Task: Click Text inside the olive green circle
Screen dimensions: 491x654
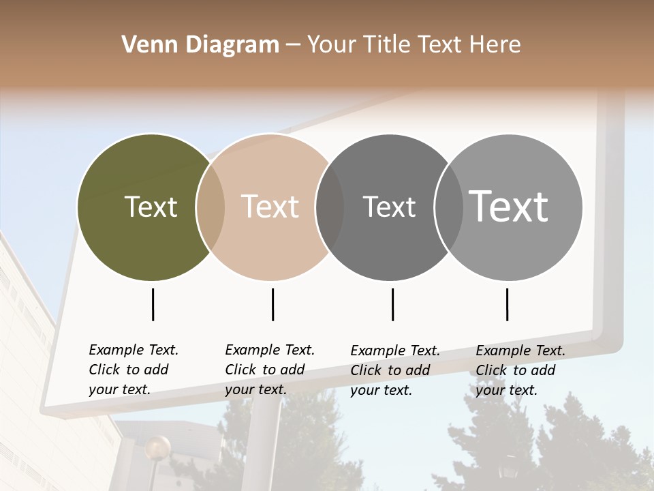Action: coord(151,207)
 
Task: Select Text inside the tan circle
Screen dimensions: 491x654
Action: coord(270,207)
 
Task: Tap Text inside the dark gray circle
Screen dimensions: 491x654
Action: coord(389,207)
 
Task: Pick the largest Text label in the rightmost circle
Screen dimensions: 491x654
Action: coord(509,207)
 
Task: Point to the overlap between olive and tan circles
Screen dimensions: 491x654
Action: coord(211,207)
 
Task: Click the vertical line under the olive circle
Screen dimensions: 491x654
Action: coord(153,304)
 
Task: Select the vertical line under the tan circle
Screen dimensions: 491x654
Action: coord(272,304)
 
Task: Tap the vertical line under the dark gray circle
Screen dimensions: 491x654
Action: coord(392,304)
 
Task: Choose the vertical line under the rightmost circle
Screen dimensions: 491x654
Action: coord(507,304)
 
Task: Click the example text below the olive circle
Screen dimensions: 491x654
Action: coord(133,370)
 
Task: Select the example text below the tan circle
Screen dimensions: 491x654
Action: coord(269,370)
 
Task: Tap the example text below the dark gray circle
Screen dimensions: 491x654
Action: coord(394,370)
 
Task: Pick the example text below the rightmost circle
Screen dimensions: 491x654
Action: coord(520,370)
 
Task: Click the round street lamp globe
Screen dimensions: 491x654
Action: coord(158,448)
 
